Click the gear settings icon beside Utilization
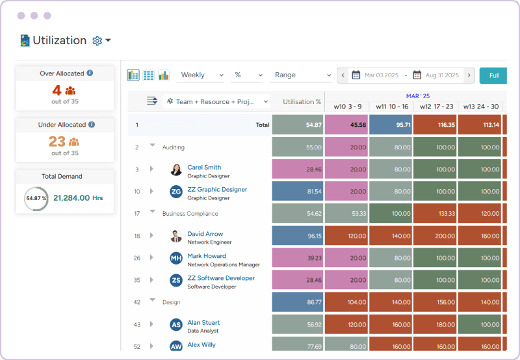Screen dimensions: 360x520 tap(97, 41)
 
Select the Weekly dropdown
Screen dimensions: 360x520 tap(201, 75)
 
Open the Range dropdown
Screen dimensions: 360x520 tap(301, 75)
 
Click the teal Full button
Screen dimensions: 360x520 tap(494, 75)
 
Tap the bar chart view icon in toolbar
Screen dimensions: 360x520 tap(164, 75)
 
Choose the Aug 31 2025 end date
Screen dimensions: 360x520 tap(441, 75)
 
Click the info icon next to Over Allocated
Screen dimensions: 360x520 tap(90, 73)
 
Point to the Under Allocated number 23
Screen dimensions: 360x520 tap(57, 142)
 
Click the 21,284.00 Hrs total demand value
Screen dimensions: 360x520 tap(77, 198)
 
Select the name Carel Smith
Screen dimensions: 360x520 tap(204, 168)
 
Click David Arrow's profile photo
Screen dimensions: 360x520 tap(176, 236)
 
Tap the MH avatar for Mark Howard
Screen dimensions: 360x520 tap(176, 258)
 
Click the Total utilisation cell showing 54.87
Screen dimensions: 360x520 tap(298, 125)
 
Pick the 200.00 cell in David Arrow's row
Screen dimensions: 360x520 tap(435, 236)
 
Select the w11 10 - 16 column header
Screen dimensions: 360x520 tap(391, 107)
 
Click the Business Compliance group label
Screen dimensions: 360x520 tap(190, 214)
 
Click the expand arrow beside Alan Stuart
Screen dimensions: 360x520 tap(151, 325)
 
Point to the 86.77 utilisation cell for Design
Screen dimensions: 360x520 tap(298, 303)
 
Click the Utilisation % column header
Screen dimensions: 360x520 tap(302, 102)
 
